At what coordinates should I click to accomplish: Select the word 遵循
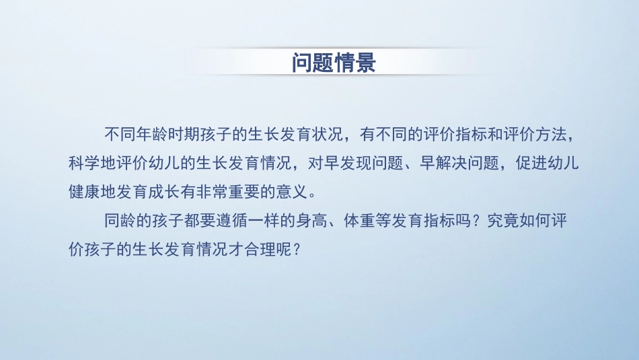coord(225,220)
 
